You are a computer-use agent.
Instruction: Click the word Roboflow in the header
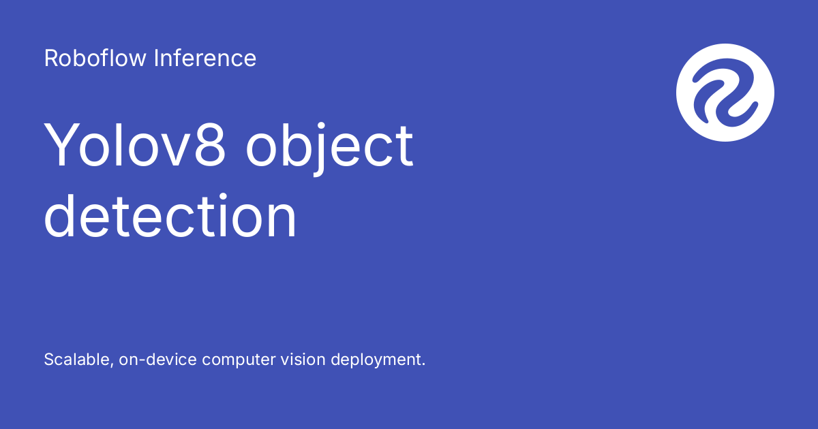[95, 58]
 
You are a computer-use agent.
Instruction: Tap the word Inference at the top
[205, 58]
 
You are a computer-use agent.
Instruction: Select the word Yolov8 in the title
[135, 145]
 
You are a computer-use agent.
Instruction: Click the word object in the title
[329, 148]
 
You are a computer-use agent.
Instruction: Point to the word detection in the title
[170, 216]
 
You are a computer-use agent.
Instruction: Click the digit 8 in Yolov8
[210, 145]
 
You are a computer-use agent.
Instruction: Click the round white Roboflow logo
[725, 93]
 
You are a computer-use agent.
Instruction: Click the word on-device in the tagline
[157, 360]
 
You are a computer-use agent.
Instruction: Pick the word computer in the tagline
[239, 360]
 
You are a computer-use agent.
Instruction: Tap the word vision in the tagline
[303, 360]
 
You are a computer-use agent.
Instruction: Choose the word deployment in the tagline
[376, 360]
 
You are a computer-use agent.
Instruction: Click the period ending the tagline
[423, 364]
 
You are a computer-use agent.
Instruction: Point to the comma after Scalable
[112, 366]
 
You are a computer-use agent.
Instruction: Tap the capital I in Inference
[156, 58]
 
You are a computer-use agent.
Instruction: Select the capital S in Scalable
[49, 360]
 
